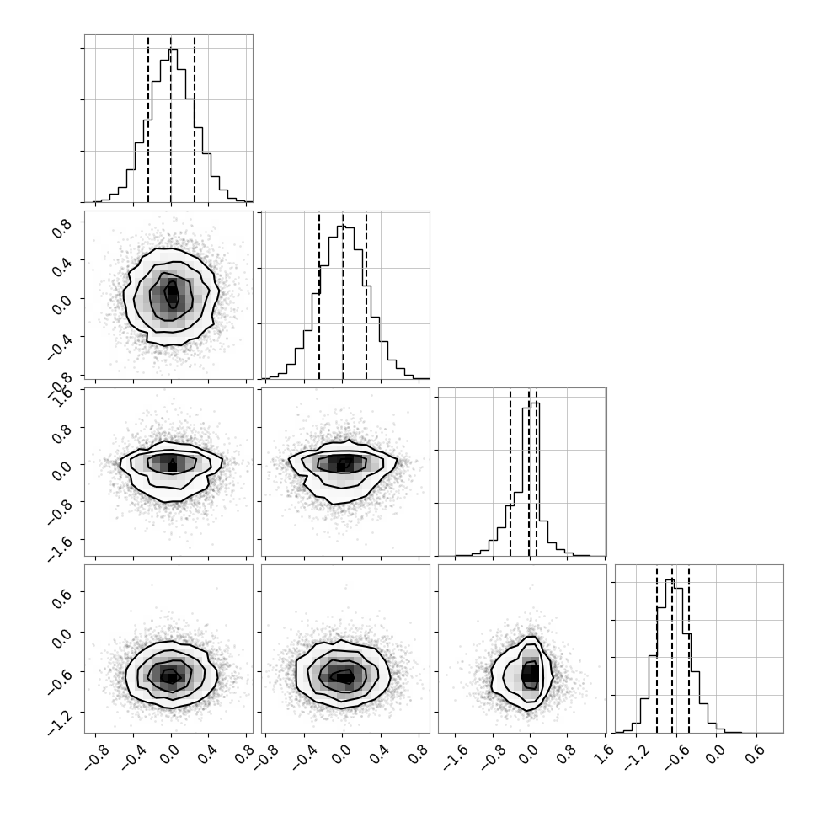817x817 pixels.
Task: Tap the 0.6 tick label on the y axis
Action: [62, 599]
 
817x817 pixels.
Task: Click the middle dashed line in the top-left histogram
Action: [171, 119]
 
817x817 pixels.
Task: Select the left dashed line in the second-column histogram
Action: [319, 296]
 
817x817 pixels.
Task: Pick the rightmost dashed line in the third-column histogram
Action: [537, 472]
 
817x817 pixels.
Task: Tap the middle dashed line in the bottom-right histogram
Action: [672, 649]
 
